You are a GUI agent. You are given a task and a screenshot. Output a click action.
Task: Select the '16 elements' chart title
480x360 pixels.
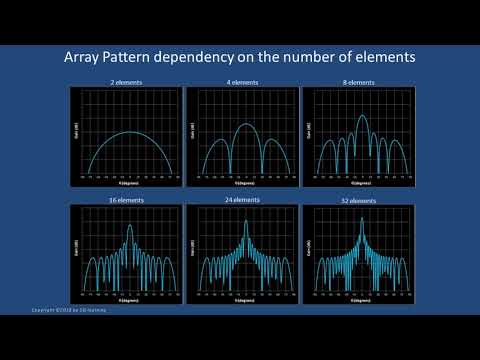click(x=125, y=200)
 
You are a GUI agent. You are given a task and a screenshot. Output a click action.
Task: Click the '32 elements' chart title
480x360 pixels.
click(x=358, y=200)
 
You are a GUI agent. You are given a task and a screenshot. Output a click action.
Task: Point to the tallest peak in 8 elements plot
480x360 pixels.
click(x=360, y=116)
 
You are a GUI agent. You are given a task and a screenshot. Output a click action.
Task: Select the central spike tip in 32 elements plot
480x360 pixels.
click(x=360, y=218)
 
